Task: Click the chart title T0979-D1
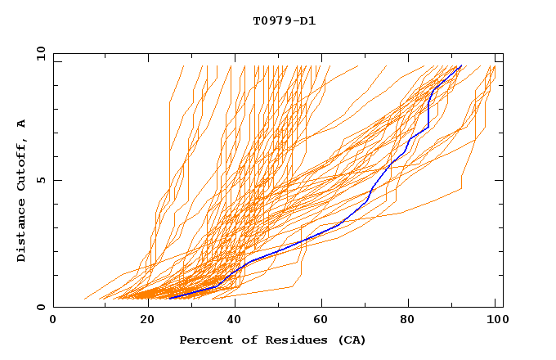(284, 20)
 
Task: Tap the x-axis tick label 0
(53, 320)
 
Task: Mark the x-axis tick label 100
(494, 320)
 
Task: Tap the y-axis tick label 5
(40, 180)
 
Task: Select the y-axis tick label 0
(40, 307)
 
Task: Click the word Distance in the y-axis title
(22, 230)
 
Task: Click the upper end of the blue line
(461, 65)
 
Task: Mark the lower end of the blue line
(169, 299)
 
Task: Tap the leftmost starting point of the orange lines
(84, 299)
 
